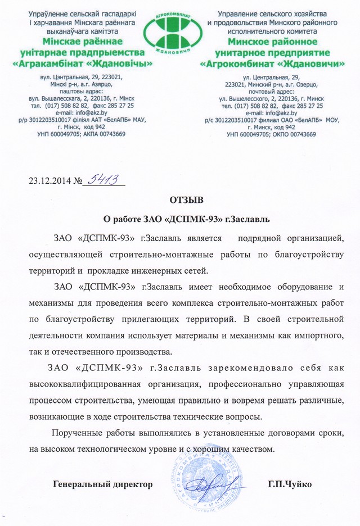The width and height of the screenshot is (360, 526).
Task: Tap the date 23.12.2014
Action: (47, 182)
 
